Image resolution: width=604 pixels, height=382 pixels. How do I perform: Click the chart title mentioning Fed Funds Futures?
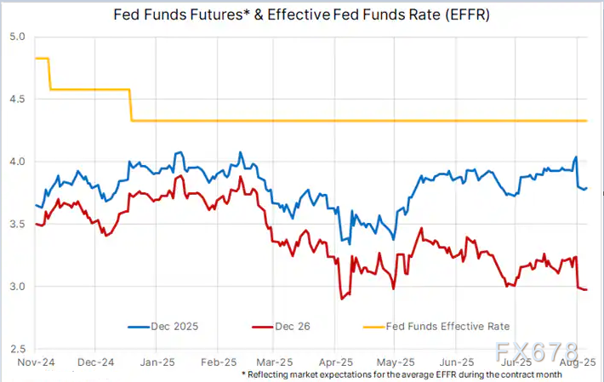coord(302,15)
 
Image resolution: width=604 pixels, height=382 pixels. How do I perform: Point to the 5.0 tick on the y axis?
coord(18,37)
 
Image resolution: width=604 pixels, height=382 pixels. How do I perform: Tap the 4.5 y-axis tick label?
coord(18,100)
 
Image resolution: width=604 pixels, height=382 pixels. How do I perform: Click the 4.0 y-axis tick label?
coord(18,162)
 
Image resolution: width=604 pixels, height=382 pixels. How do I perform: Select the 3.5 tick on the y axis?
coord(18,225)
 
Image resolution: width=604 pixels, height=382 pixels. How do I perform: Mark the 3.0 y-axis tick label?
coord(18,287)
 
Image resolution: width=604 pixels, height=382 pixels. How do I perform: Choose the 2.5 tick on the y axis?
coord(18,349)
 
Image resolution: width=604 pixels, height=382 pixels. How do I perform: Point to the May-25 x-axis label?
coord(396,362)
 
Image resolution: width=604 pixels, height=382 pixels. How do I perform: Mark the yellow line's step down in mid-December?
coord(131,105)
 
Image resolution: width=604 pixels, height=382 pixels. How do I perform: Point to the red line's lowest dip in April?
coord(342,298)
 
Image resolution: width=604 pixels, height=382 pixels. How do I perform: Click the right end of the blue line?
coord(587,188)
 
